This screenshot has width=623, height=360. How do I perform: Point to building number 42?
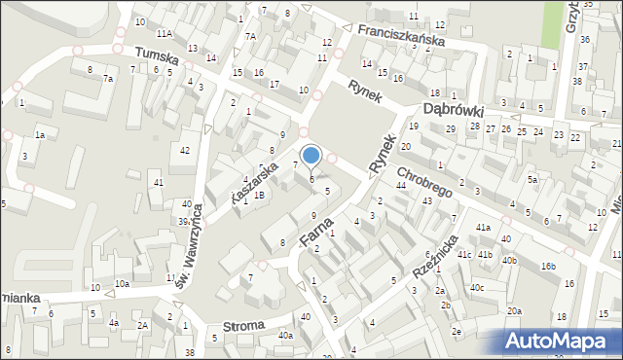[185, 149]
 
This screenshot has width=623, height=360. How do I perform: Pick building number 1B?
[259, 195]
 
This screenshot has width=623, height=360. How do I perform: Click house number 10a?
[121, 283]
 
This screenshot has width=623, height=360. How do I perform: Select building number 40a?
[285, 336]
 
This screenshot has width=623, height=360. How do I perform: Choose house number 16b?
[549, 267]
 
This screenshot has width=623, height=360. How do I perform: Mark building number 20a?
[514, 310]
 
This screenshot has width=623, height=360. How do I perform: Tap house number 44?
[401, 185]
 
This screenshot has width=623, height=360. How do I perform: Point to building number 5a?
[532, 180]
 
